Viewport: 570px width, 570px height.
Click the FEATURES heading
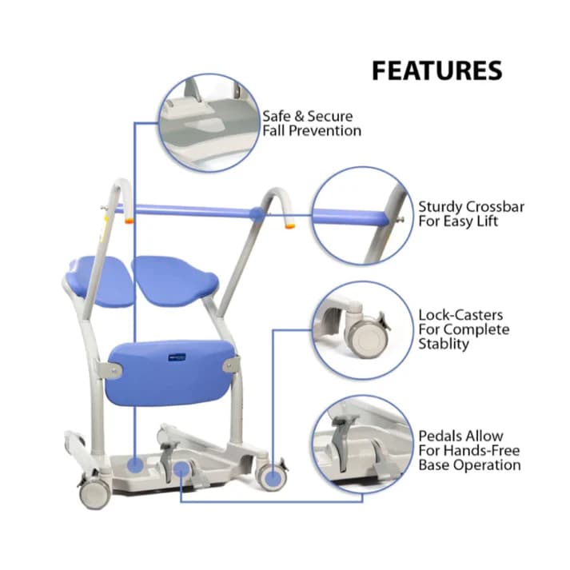coord(436,70)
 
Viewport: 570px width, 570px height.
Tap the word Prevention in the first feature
coord(325,130)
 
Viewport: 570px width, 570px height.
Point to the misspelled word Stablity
coord(444,344)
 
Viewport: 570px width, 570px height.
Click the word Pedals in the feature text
coord(440,436)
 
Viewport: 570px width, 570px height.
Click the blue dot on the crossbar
coord(256,213)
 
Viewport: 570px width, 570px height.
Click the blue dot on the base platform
coord(135,463)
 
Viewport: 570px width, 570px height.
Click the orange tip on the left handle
coord(128,218)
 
